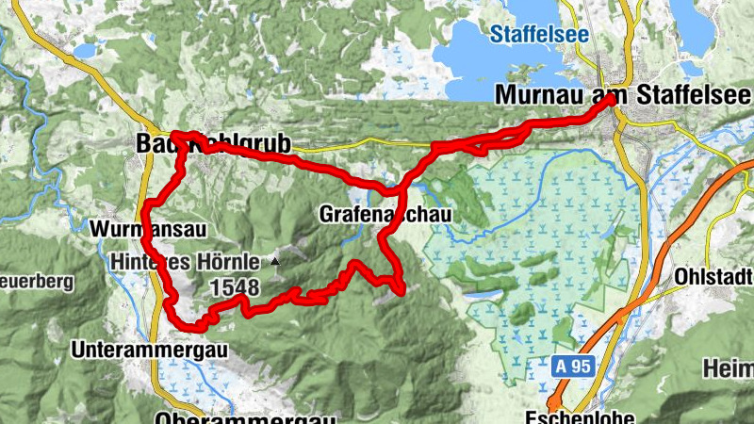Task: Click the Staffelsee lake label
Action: pyautogui.click(x=539, y=35)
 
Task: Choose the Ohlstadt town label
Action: pyautogui.click(x=714, y=277)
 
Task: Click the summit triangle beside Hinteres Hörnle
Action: pyautogui.click(x=275, y=260)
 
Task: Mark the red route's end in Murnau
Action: pyautogui.click(x=612, y=98)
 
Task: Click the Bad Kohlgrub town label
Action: pyautogui.click(x=213, y=143)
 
